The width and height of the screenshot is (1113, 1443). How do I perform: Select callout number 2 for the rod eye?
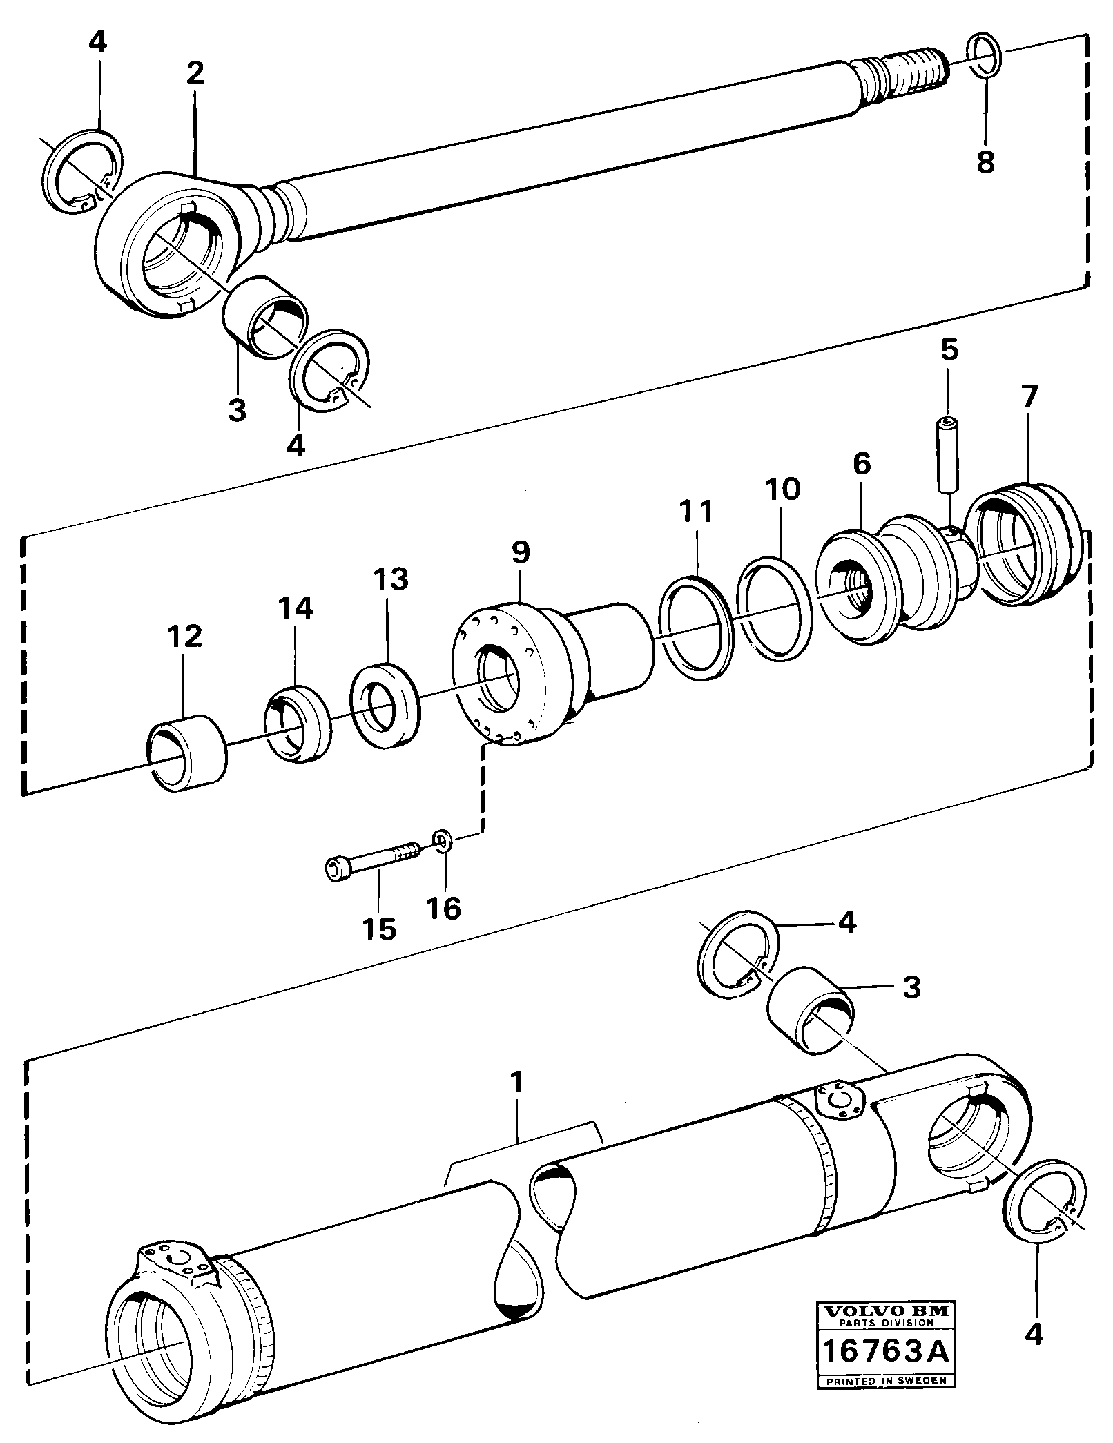pos(195,73)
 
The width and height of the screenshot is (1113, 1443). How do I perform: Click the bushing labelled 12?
pos(188,755)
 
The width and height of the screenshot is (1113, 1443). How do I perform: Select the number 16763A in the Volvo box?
pos(883,1357)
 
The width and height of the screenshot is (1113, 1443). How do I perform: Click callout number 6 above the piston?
pos(861,463)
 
